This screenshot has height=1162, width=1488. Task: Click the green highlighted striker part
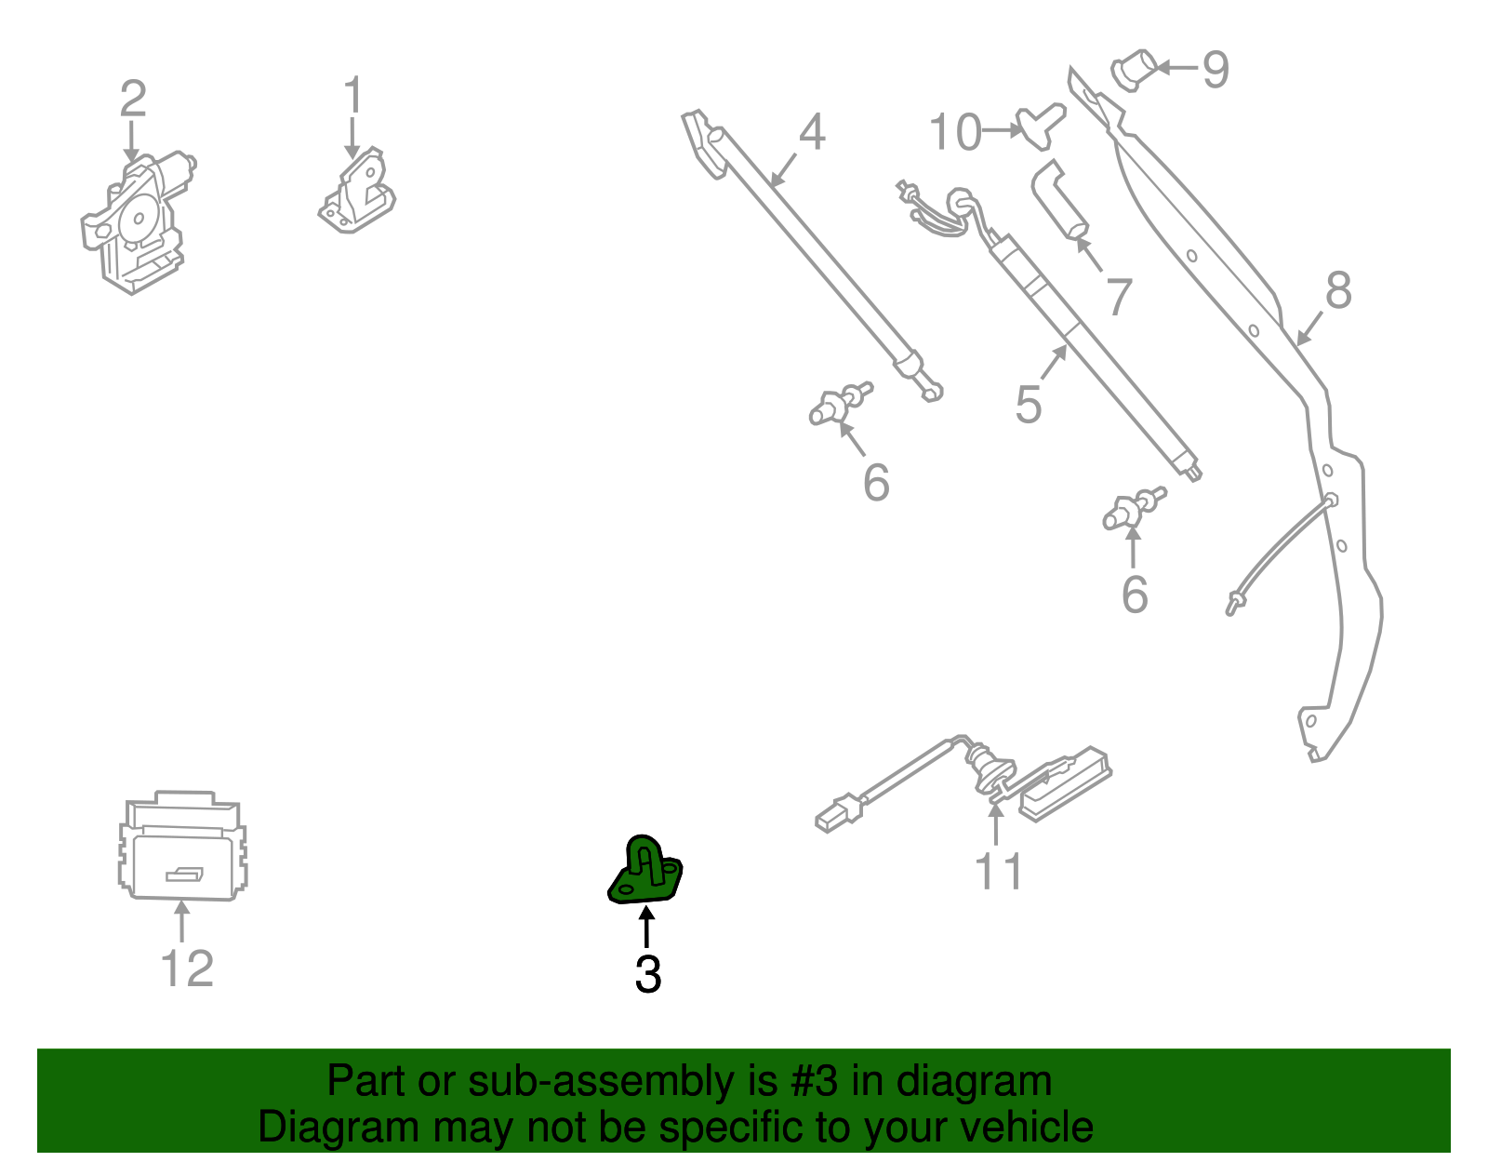[645, 873]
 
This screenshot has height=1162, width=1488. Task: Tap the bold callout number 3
[648, 975]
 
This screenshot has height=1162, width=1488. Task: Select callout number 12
[187, 968]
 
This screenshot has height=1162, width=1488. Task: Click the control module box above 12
[182, 847]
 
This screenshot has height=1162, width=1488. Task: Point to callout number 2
[133, 99]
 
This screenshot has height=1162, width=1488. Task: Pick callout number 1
[352, 96]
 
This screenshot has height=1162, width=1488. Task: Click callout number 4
[812, 132]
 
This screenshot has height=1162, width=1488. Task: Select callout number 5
[1028, 405]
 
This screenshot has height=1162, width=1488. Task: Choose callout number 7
[1119, 297]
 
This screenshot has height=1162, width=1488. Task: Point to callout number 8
[1337, 290]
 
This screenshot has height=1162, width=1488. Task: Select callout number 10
[955, 132]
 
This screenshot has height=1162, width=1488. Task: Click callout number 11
[998, 872]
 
